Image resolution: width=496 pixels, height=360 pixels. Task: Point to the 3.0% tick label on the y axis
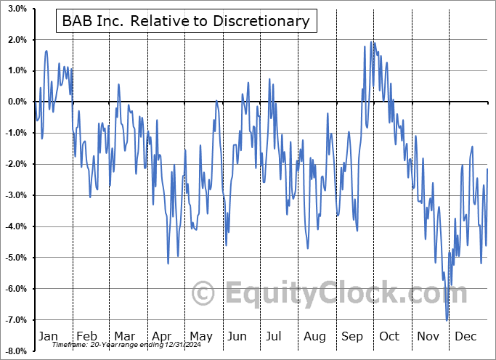coord(17,8)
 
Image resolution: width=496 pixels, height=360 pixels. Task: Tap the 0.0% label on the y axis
coord(17,102)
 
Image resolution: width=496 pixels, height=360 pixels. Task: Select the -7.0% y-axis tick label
coord(16,320)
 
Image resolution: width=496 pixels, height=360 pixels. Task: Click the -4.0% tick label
coord(16,226)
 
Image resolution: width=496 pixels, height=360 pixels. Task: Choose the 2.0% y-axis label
coord(17,39)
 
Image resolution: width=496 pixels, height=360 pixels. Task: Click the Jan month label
coord(47,337)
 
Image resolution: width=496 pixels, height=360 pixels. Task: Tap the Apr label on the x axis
coord(163,337)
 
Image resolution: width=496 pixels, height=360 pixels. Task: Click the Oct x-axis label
coord(389,337)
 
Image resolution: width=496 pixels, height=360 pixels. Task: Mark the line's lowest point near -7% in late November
coord(447,320)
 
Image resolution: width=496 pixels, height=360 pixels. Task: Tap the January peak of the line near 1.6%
coord(46,51)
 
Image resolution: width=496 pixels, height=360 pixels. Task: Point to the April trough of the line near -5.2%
coord(168,263)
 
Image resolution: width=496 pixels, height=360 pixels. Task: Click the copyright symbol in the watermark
coord(203,293)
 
